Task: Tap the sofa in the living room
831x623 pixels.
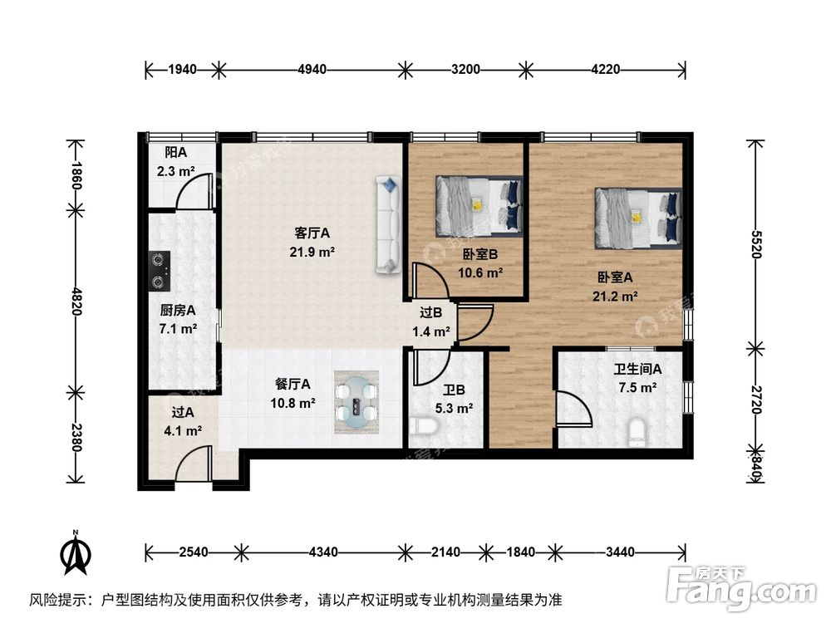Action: [x=387, y=224]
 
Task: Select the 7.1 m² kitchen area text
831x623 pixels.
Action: [x=179, y=328]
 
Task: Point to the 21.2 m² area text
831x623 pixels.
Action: [x=616, y=295]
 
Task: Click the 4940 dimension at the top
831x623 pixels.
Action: [x=312, y=70]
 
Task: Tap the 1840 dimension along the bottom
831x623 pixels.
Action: [x=521, y=551]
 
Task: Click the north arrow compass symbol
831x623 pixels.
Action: [x=76, y=555]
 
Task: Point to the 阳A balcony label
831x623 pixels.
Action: [x=175, y=152]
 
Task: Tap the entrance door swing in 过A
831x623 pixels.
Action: [x=193, y=463]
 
